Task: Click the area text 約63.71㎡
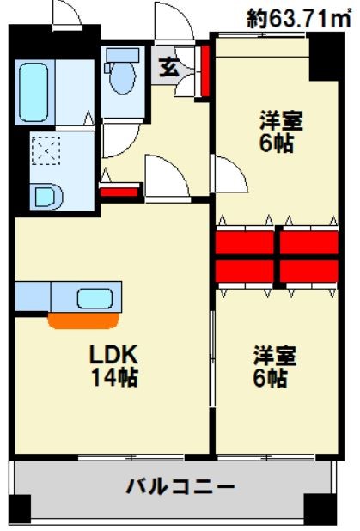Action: [301, 16]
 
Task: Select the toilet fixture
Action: [119, 73]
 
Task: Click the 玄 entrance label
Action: [169, 67]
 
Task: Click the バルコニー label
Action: [180, 487]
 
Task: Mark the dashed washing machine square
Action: [42, 153]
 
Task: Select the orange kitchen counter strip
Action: [82, 321]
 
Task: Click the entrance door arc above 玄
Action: [172, 21]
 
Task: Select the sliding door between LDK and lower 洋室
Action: [213, 361]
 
